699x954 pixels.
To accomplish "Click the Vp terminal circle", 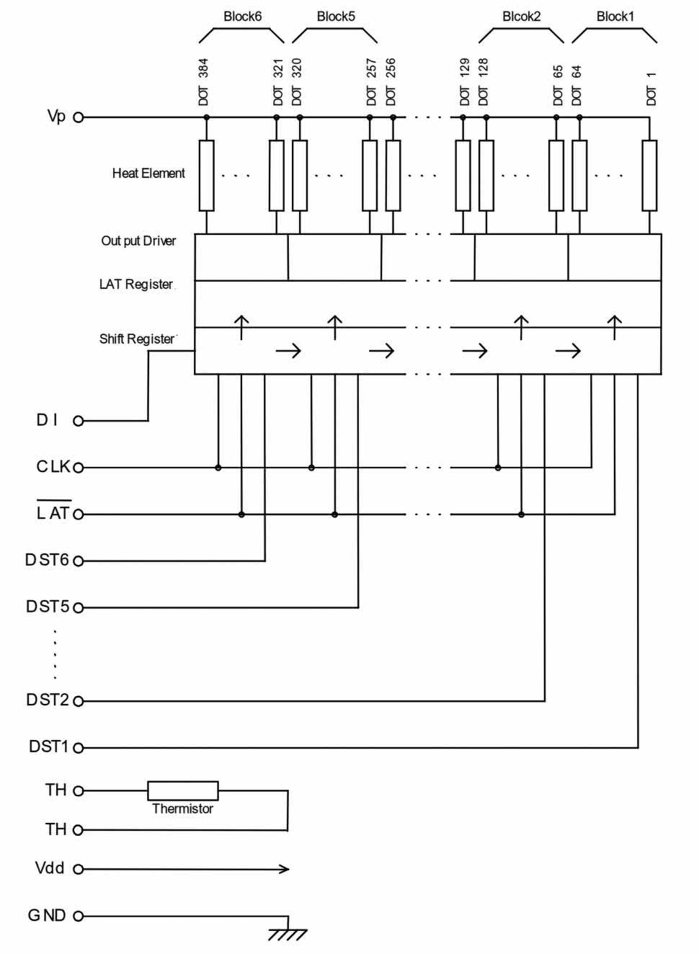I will tap(78, 117).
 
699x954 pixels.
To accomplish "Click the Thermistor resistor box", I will tap(182, 790).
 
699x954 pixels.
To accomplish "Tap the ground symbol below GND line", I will tap(288, 934).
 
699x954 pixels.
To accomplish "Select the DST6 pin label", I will tap(47, 560).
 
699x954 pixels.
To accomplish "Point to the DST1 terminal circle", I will tap(78, 748).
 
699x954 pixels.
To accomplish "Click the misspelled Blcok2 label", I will tap(521, 17).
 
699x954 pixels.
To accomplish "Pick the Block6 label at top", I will tap(242, 17).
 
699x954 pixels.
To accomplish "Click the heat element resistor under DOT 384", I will tap(206, 176).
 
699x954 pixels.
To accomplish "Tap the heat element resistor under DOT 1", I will tap(649, 176).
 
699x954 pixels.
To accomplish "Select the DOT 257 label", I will tap(372, 82).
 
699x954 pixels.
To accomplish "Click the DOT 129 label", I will tap(464, 82).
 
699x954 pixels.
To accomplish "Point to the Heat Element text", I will tap(148, 173).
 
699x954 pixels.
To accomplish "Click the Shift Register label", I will tap(137, 339).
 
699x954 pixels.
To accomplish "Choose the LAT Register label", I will tap(136, 284).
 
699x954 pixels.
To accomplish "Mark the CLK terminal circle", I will tap(78, 468).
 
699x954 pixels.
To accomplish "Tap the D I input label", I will tap(47, 420).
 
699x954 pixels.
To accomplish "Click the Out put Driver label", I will tap(138, 241).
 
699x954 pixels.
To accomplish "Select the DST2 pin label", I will tap(48, 700).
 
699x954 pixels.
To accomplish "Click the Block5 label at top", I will tap(336, 17).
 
